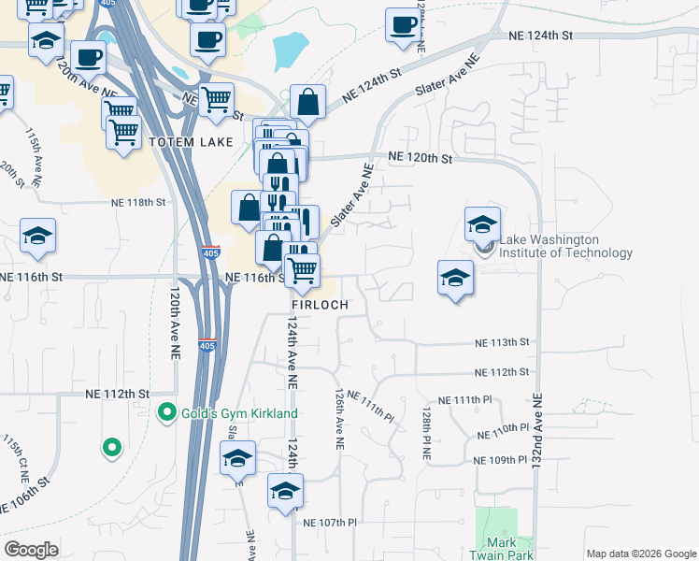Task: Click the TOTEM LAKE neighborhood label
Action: [184, 141]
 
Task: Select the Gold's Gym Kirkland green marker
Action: [168, 411]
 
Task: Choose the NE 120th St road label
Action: [420, 158]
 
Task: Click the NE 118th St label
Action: [138, 202]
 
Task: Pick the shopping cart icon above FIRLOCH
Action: [302, 270]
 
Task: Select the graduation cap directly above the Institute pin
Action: [482, 224]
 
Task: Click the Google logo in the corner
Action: [31, 550]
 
